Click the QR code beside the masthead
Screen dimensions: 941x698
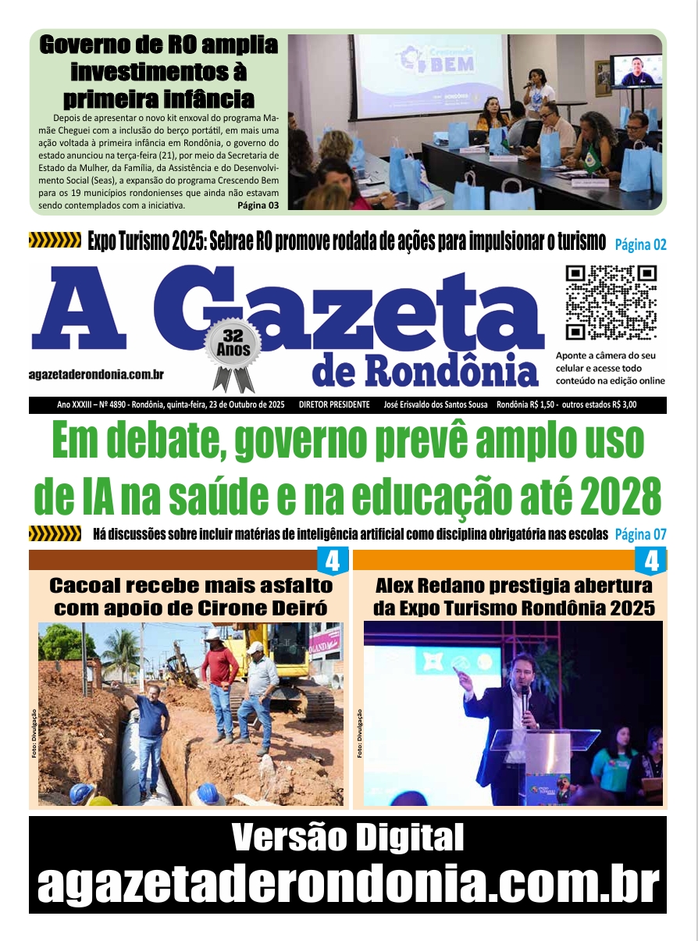point(611,302)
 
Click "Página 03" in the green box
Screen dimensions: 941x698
point(258,205)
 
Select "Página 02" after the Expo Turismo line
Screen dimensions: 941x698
point(640,244)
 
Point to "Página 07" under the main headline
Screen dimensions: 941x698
point(640,535)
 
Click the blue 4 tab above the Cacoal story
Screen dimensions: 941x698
point(332,561)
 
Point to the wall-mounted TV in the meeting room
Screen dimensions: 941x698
point(636,71)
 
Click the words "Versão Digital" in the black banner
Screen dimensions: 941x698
point(348,839)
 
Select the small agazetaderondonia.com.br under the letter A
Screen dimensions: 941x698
point(96,376)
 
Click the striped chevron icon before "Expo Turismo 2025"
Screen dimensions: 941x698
point(55,239)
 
